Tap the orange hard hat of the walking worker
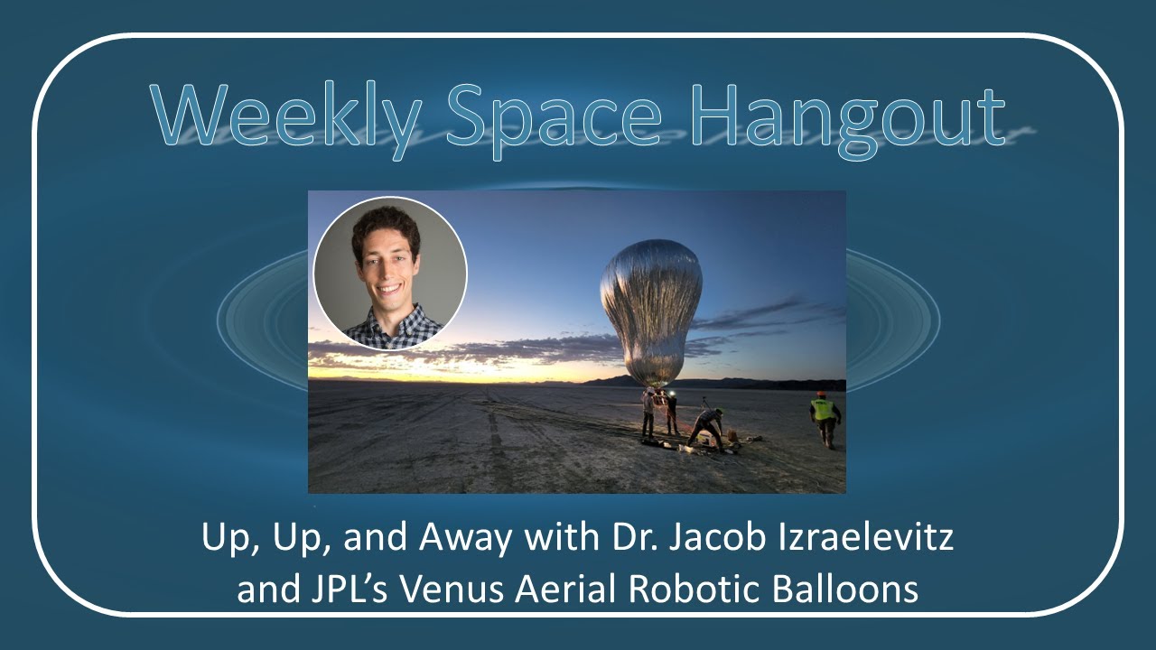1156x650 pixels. tap(821, 395)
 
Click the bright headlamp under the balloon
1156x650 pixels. tap(669, 395)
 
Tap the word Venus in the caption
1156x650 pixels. tap(443, 590)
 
